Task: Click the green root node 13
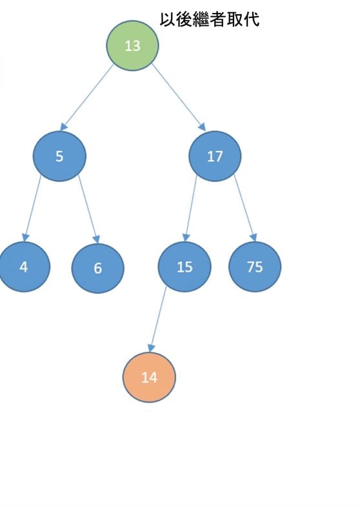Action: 132,45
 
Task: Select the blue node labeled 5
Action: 59,156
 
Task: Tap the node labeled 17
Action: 215,156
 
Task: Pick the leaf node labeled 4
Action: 24,267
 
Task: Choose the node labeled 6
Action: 98,268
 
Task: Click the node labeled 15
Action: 185,267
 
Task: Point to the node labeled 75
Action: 255,267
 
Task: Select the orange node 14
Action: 149,377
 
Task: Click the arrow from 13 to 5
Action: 86,97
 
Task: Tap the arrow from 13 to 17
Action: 179,97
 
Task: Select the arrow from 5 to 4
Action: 32,208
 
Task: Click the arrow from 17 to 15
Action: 190,208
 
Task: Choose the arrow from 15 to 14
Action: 158,319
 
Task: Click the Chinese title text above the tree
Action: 210,19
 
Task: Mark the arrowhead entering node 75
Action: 254,238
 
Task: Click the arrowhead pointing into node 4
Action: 25,238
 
